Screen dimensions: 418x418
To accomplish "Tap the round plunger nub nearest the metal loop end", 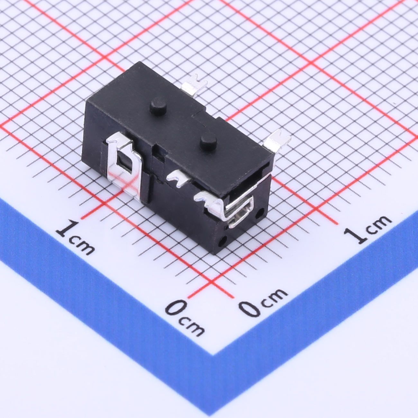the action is coord(208,143).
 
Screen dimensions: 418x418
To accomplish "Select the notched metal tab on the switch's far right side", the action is coord(277,141).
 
